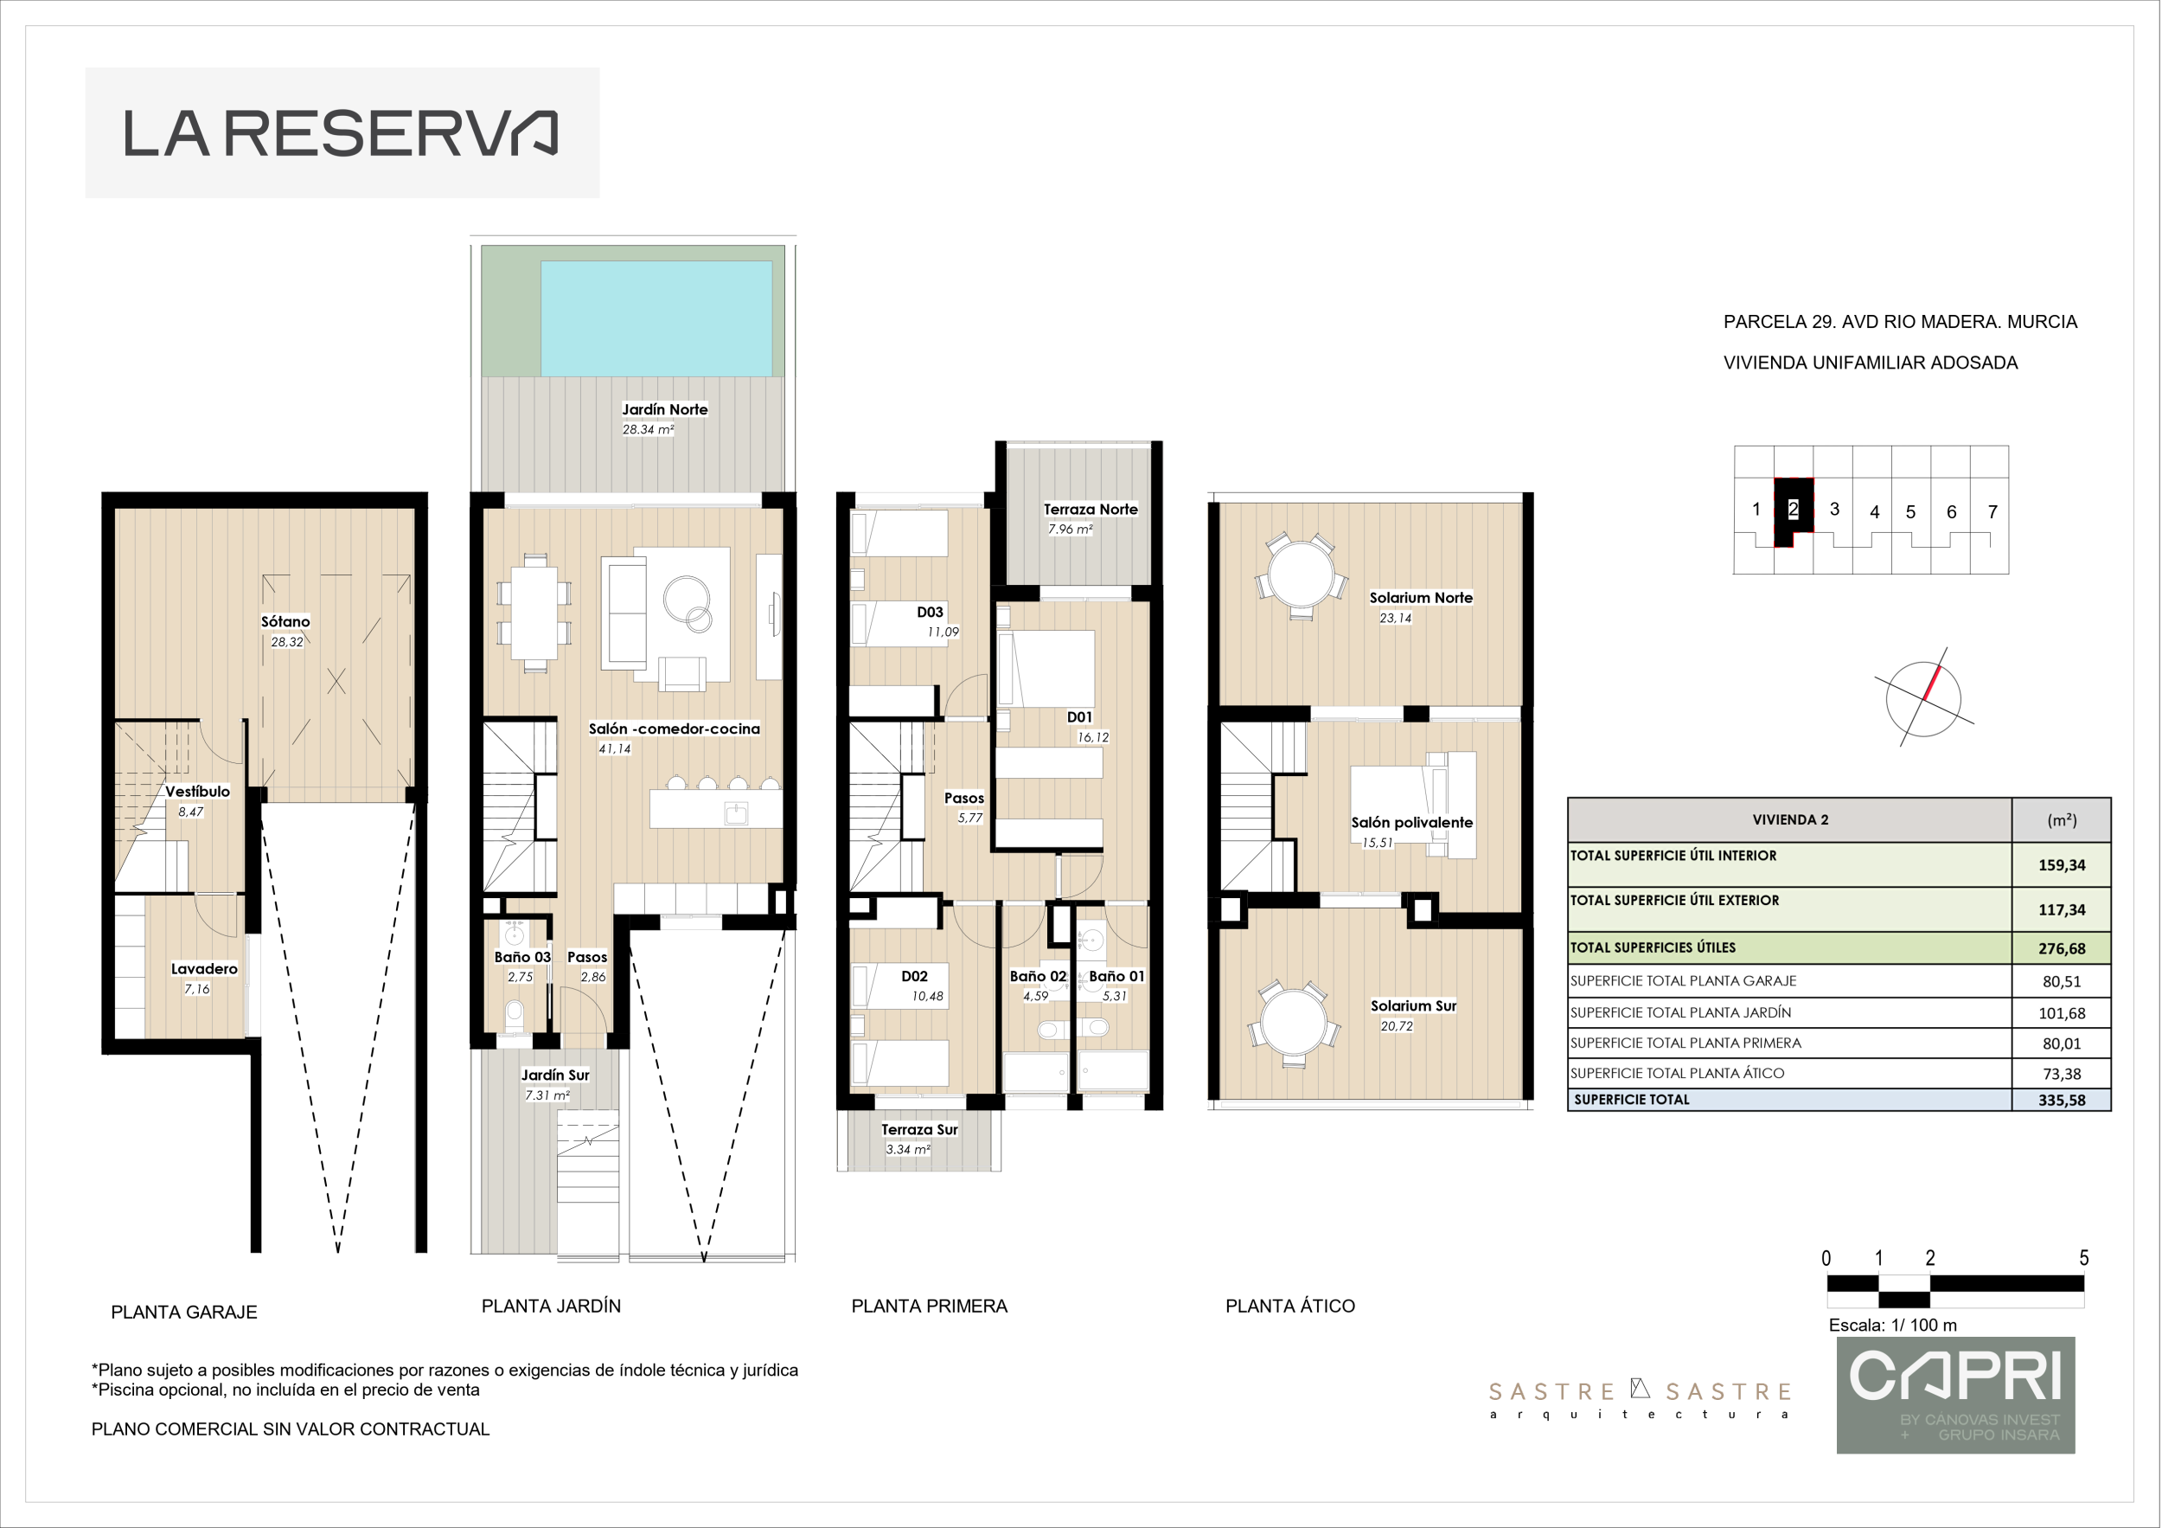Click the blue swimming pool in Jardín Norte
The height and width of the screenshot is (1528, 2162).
(x=656, y=318)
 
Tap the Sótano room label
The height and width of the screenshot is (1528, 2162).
(x=285, y=622)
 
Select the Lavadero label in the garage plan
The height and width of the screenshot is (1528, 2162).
(x=204, y=968)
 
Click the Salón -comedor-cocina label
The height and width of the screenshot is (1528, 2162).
(x=675, y=729)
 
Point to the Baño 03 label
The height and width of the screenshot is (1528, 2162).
(x=522, y=957)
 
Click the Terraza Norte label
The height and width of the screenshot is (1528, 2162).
(x=1091, y=510)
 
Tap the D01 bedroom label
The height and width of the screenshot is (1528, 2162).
(x=1079, y=717)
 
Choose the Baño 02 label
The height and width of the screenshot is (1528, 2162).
(x=1038, y=976)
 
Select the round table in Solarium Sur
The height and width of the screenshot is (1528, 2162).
(x=1294, y=1023)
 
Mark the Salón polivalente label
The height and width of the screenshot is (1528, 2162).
(x=1411, y=823)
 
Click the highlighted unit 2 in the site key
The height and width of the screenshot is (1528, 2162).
(x=1794, y=510)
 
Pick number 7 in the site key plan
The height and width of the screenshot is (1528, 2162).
(x=1992, y=511)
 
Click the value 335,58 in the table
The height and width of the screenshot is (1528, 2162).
(x=2063, y=1101)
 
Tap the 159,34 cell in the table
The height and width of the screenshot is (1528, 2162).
(x=2063, y=864)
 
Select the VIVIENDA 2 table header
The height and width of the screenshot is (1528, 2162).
(x=1790, y=819)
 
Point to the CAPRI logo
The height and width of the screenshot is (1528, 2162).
(x=1956, y=1394)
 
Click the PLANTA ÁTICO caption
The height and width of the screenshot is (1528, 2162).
(x=1290, y=1306)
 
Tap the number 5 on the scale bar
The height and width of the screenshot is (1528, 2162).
(x=2084, y=1258)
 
